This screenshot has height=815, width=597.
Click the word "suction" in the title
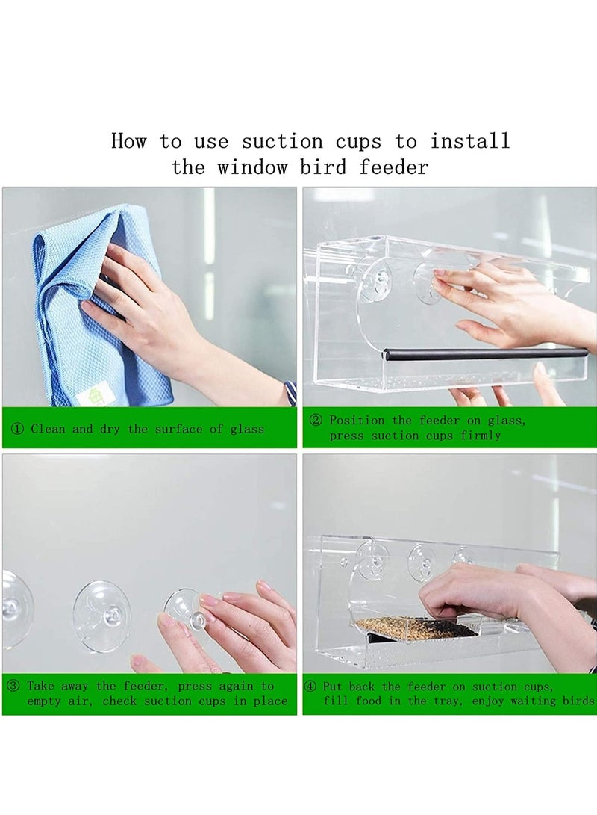click(x=276, y=141)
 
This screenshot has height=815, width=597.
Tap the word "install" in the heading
click(x=470, y=141)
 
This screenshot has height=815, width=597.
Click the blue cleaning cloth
click(x=82, y=314)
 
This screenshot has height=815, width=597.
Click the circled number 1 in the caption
click(x=17, y=429)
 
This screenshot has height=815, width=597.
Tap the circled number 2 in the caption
click(x=315, y=421)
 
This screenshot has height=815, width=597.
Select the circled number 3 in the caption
click(x=13, y=686)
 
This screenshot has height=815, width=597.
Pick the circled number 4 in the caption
click(x=310, y=686)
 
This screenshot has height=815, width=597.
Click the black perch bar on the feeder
click(x=485, y=353)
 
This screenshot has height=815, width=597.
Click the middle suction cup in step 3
click(x=102, y=616)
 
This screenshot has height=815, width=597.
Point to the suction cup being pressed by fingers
click(x=187, y=609)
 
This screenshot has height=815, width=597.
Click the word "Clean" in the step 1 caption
click(x=49, y=429)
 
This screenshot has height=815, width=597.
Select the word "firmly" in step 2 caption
click(x=480, y=436)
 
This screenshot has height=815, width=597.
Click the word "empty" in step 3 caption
click(x=44, y=701)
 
